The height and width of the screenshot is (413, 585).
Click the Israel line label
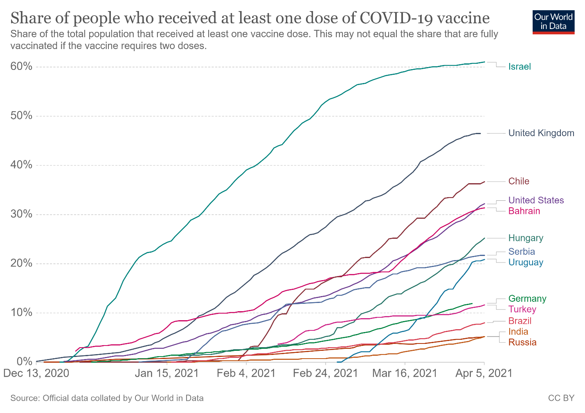click(519, 67)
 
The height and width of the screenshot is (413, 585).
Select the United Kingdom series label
click(541, 133)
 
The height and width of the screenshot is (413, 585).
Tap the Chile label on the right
click(518, 182)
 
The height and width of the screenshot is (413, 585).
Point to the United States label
click(536, 200)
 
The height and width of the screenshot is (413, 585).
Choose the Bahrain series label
click(524, 211)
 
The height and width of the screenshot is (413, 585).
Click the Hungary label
click(526, 238)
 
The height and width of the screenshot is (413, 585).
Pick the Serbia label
click(522, 251)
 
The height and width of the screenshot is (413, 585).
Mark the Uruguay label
click(526, 263)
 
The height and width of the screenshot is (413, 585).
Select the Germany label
click(527, 299)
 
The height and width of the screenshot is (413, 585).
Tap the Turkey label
click(522, 309)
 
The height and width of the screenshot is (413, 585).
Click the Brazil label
click(520, 321)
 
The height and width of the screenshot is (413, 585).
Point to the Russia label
click(522, 342)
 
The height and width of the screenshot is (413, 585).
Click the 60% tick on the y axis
click(21, 67)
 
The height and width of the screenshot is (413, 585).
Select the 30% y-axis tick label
click(21, 214)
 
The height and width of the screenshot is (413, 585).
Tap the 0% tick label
click(24, 362)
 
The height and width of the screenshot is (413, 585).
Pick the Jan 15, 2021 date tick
click(166, 373)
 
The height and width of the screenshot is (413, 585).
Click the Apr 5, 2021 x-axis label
click(484, 373)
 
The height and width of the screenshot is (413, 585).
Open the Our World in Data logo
click(553, 22)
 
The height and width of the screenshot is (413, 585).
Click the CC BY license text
click(561, 398)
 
